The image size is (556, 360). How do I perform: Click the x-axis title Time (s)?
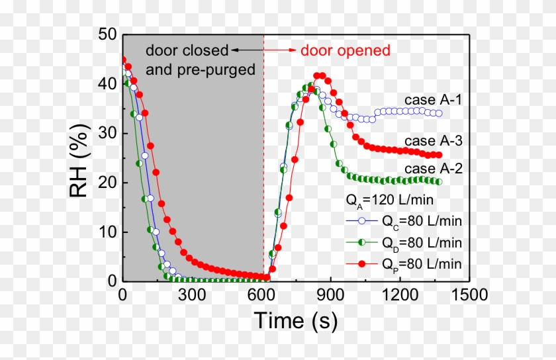296,322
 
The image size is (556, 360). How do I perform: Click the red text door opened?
346,50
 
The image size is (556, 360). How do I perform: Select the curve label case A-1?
434,100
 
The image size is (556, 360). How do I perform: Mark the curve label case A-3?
434,141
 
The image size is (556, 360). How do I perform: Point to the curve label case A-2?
434,169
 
